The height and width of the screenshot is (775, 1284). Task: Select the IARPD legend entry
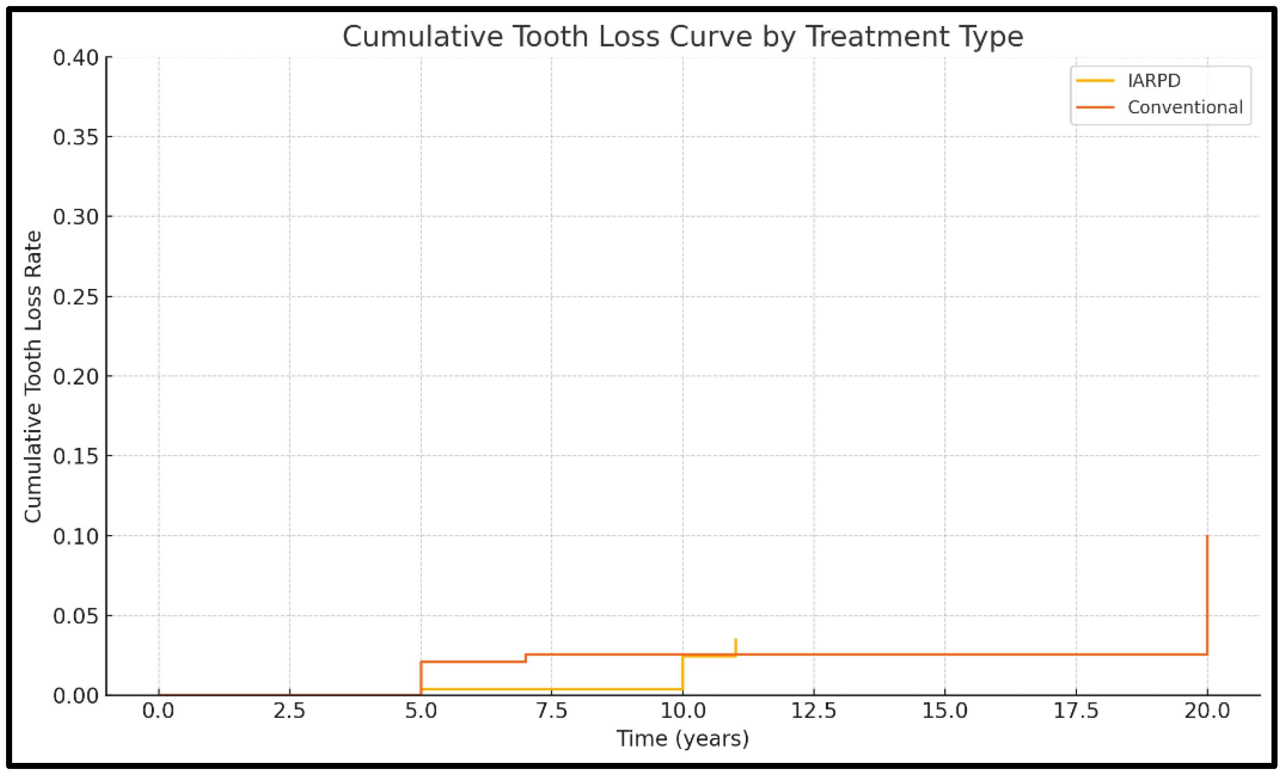click(x=1153, y=81)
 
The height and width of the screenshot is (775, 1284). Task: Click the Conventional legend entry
click(x=1185, y=107)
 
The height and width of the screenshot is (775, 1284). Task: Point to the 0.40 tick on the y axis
click(x=76, y=58)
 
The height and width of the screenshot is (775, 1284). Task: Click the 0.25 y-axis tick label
click(x=76, y=297)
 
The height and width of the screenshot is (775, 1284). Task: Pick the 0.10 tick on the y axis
click(x=76, y=536)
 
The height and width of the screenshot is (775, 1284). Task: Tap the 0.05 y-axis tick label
click(x=76, y=616)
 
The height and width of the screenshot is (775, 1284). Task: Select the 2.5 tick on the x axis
click(x=290, y=711)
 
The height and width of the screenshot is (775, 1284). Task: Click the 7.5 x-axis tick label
click(x=552, y=711)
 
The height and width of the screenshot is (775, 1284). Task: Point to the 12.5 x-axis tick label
click(x=814, y=711)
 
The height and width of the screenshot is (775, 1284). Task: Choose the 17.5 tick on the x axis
click(x=1076, y=711)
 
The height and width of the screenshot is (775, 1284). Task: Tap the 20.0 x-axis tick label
click(x=1207, y=711)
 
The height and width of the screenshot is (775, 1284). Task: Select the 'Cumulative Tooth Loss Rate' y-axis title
click(x=33, y=376)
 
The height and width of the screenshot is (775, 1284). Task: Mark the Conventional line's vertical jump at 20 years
click(x=1207, y=594)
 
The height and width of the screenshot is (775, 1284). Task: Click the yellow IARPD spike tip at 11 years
click(x=735, y=640)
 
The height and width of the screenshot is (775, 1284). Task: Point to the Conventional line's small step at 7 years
click(x=526, y=658)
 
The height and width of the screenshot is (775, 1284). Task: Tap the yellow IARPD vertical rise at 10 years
click(x=683, y=673)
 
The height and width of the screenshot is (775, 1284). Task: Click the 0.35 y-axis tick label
click(x=76, y=138)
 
